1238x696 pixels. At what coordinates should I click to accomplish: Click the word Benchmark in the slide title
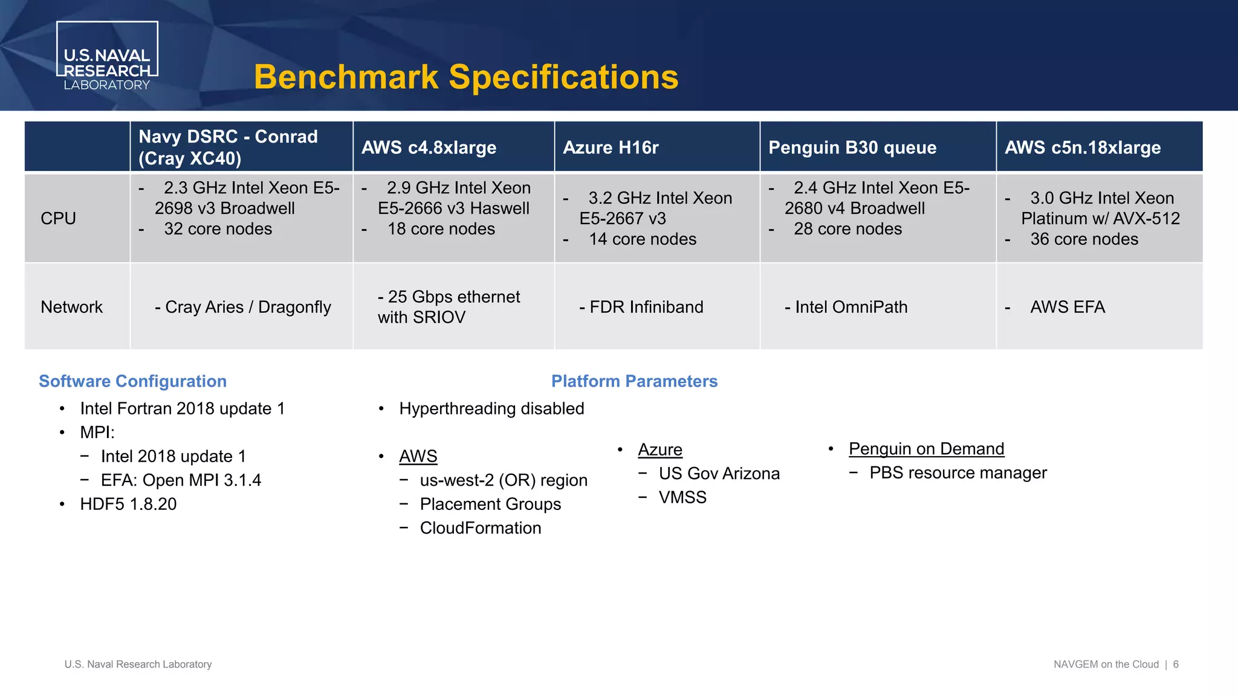tap(346, 77)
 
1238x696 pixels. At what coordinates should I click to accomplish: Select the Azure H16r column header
tap(611, 147)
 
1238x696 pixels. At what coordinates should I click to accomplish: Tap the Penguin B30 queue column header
tap(852, 147)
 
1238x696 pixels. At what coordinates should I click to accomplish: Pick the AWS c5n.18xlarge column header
tap(1083, 147)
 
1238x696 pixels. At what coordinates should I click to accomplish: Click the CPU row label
tap(58, 218)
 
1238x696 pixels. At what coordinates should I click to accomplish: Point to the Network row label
tap(71, 307)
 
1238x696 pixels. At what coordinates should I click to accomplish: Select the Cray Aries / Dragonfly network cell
tap(243, 307)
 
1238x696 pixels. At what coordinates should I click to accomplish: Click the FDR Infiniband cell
tap(641, 307)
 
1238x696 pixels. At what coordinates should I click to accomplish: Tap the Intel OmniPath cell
tap(846, 307)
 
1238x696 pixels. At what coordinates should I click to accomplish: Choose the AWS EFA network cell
tap(1068, 307)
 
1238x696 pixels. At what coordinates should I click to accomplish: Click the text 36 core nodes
tap(1084, 239)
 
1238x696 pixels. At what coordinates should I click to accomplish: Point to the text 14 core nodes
tap(643, 239)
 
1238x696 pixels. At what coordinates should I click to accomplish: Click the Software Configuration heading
tap(132, 381)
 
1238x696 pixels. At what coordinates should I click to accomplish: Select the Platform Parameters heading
tap(634, 381)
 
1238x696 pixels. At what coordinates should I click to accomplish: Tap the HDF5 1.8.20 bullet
tap(128, 504)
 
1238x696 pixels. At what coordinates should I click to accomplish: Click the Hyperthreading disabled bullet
tap(491, 408)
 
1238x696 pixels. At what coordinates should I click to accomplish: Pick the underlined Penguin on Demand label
tap(926, 449)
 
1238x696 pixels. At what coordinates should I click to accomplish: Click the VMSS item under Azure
tap(682, 497)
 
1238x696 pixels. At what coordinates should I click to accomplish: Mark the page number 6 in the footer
tap(1176, 664)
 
